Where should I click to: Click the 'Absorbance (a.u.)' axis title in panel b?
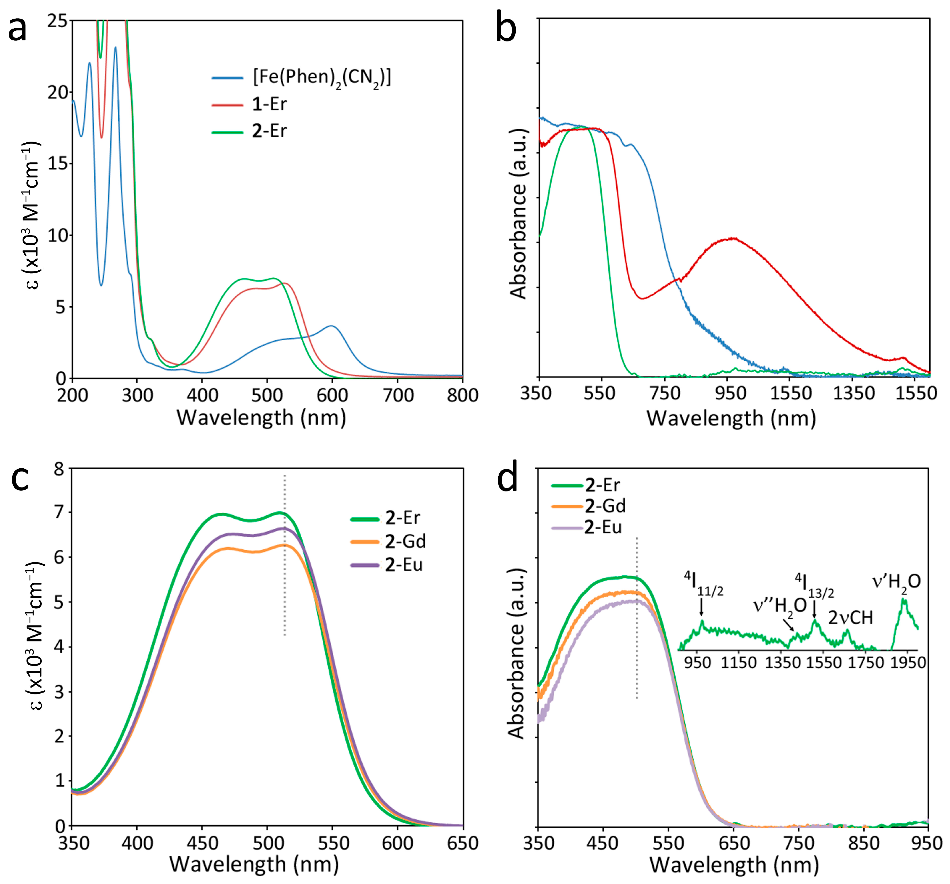519,214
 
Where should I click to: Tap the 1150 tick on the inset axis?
738,663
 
